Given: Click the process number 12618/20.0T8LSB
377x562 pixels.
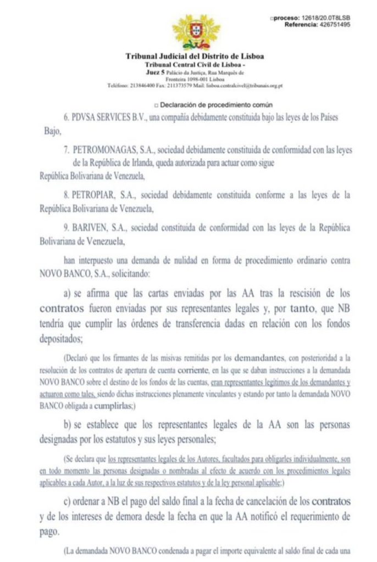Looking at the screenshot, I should [321, 18].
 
